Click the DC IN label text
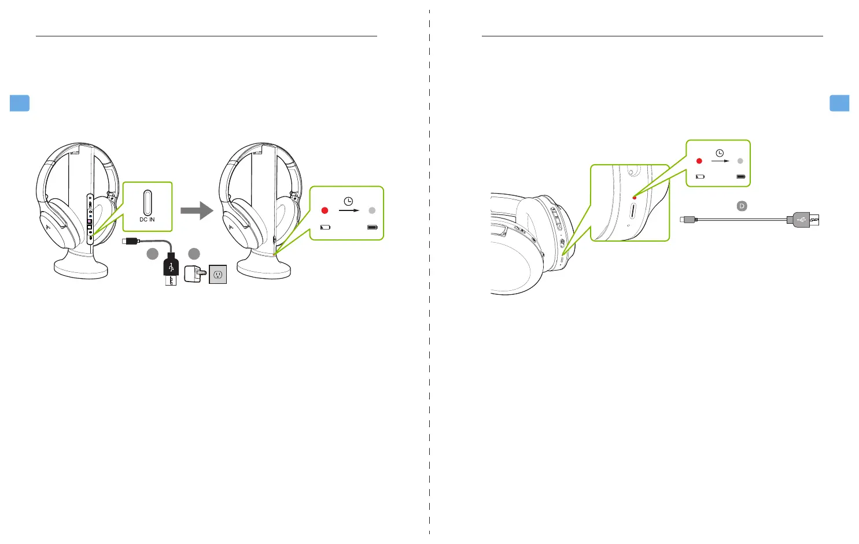147,220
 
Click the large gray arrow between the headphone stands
197,210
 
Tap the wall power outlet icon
218,274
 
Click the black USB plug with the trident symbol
171,267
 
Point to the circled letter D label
742,206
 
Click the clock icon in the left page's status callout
348,201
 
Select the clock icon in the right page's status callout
720,153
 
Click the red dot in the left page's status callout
325,210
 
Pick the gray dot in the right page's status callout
740,161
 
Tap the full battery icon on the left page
372,227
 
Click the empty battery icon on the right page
700,176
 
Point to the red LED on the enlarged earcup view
635,198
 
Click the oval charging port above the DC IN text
148,202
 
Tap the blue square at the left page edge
20,103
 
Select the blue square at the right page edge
839,103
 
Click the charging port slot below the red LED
633,210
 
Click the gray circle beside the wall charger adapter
194,253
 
